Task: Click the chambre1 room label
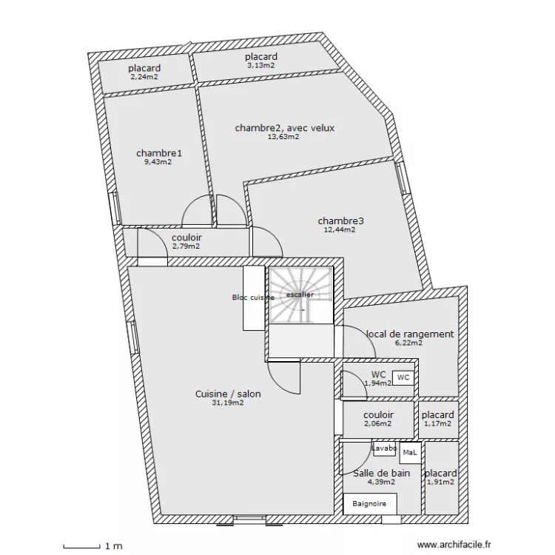[x=158, y=153]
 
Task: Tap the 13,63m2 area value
[x=284, y=136]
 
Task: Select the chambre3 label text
[x=340, y=221]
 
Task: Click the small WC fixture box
[x=403, y=377]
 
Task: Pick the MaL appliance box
[x=409, y=452]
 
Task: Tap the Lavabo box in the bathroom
[x=384, y=449]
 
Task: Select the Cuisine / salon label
[x=228, y=394]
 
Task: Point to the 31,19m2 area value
[x=228, y=403]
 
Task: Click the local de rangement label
[x=409, y=334]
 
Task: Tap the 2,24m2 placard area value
[x=145, y=76]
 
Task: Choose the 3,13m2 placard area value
[x=260, y=65]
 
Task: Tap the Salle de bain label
[x=382, y=473]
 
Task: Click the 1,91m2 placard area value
[x=440, y=482]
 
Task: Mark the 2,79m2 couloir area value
[x=186, y=246]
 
